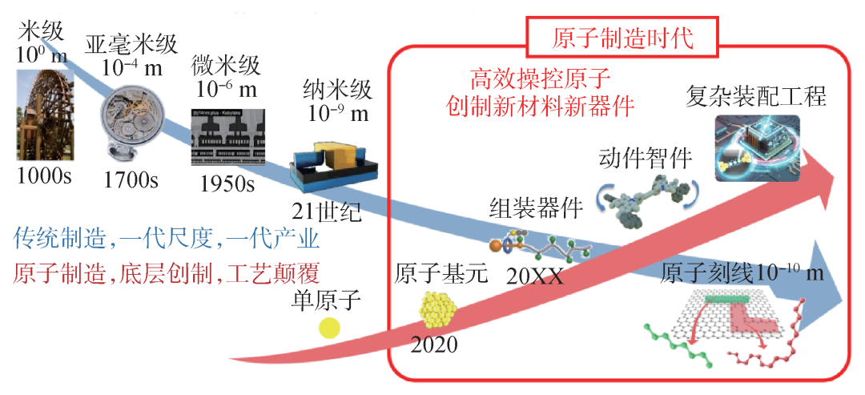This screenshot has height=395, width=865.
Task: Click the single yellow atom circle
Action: click(x=329, y=327)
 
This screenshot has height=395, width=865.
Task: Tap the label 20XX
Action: click(x=534, y=278)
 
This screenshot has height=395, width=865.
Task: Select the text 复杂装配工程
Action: click(x=756, y=97)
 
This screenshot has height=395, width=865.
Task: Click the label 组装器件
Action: click(x=536, y=208)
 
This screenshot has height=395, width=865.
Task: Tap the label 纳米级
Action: click(x=337, y=88)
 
